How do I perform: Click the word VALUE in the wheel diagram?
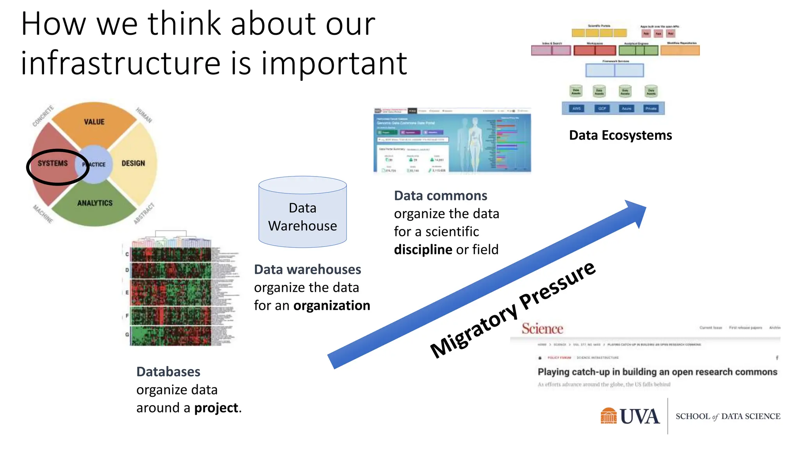point(94,122)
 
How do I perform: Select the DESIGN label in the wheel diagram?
point(133,163)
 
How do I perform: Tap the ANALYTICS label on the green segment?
point(95,203)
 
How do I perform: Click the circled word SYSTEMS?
point(53,163)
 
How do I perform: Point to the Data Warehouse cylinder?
point(302,212)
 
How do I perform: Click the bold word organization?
point(332,305)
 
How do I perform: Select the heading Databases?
point(168,372)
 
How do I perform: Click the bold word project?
point(216,408)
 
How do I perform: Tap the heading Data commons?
point(440,196)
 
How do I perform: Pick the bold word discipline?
point(423,250)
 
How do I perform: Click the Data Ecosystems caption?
point(620,135)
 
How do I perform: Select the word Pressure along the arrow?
point(558,285)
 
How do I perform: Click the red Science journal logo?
point(542,329)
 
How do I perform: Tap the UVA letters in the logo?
point(639,416)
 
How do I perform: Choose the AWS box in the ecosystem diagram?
point(577,109)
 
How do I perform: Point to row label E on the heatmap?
point(127,292)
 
